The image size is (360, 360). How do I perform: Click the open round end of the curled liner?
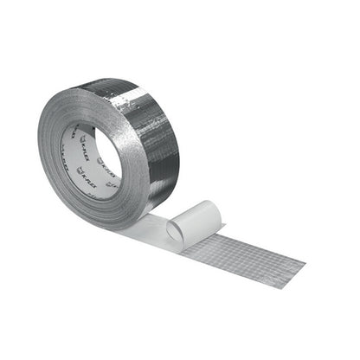click(178, 230)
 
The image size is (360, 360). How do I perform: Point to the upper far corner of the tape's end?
click(305, 257)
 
